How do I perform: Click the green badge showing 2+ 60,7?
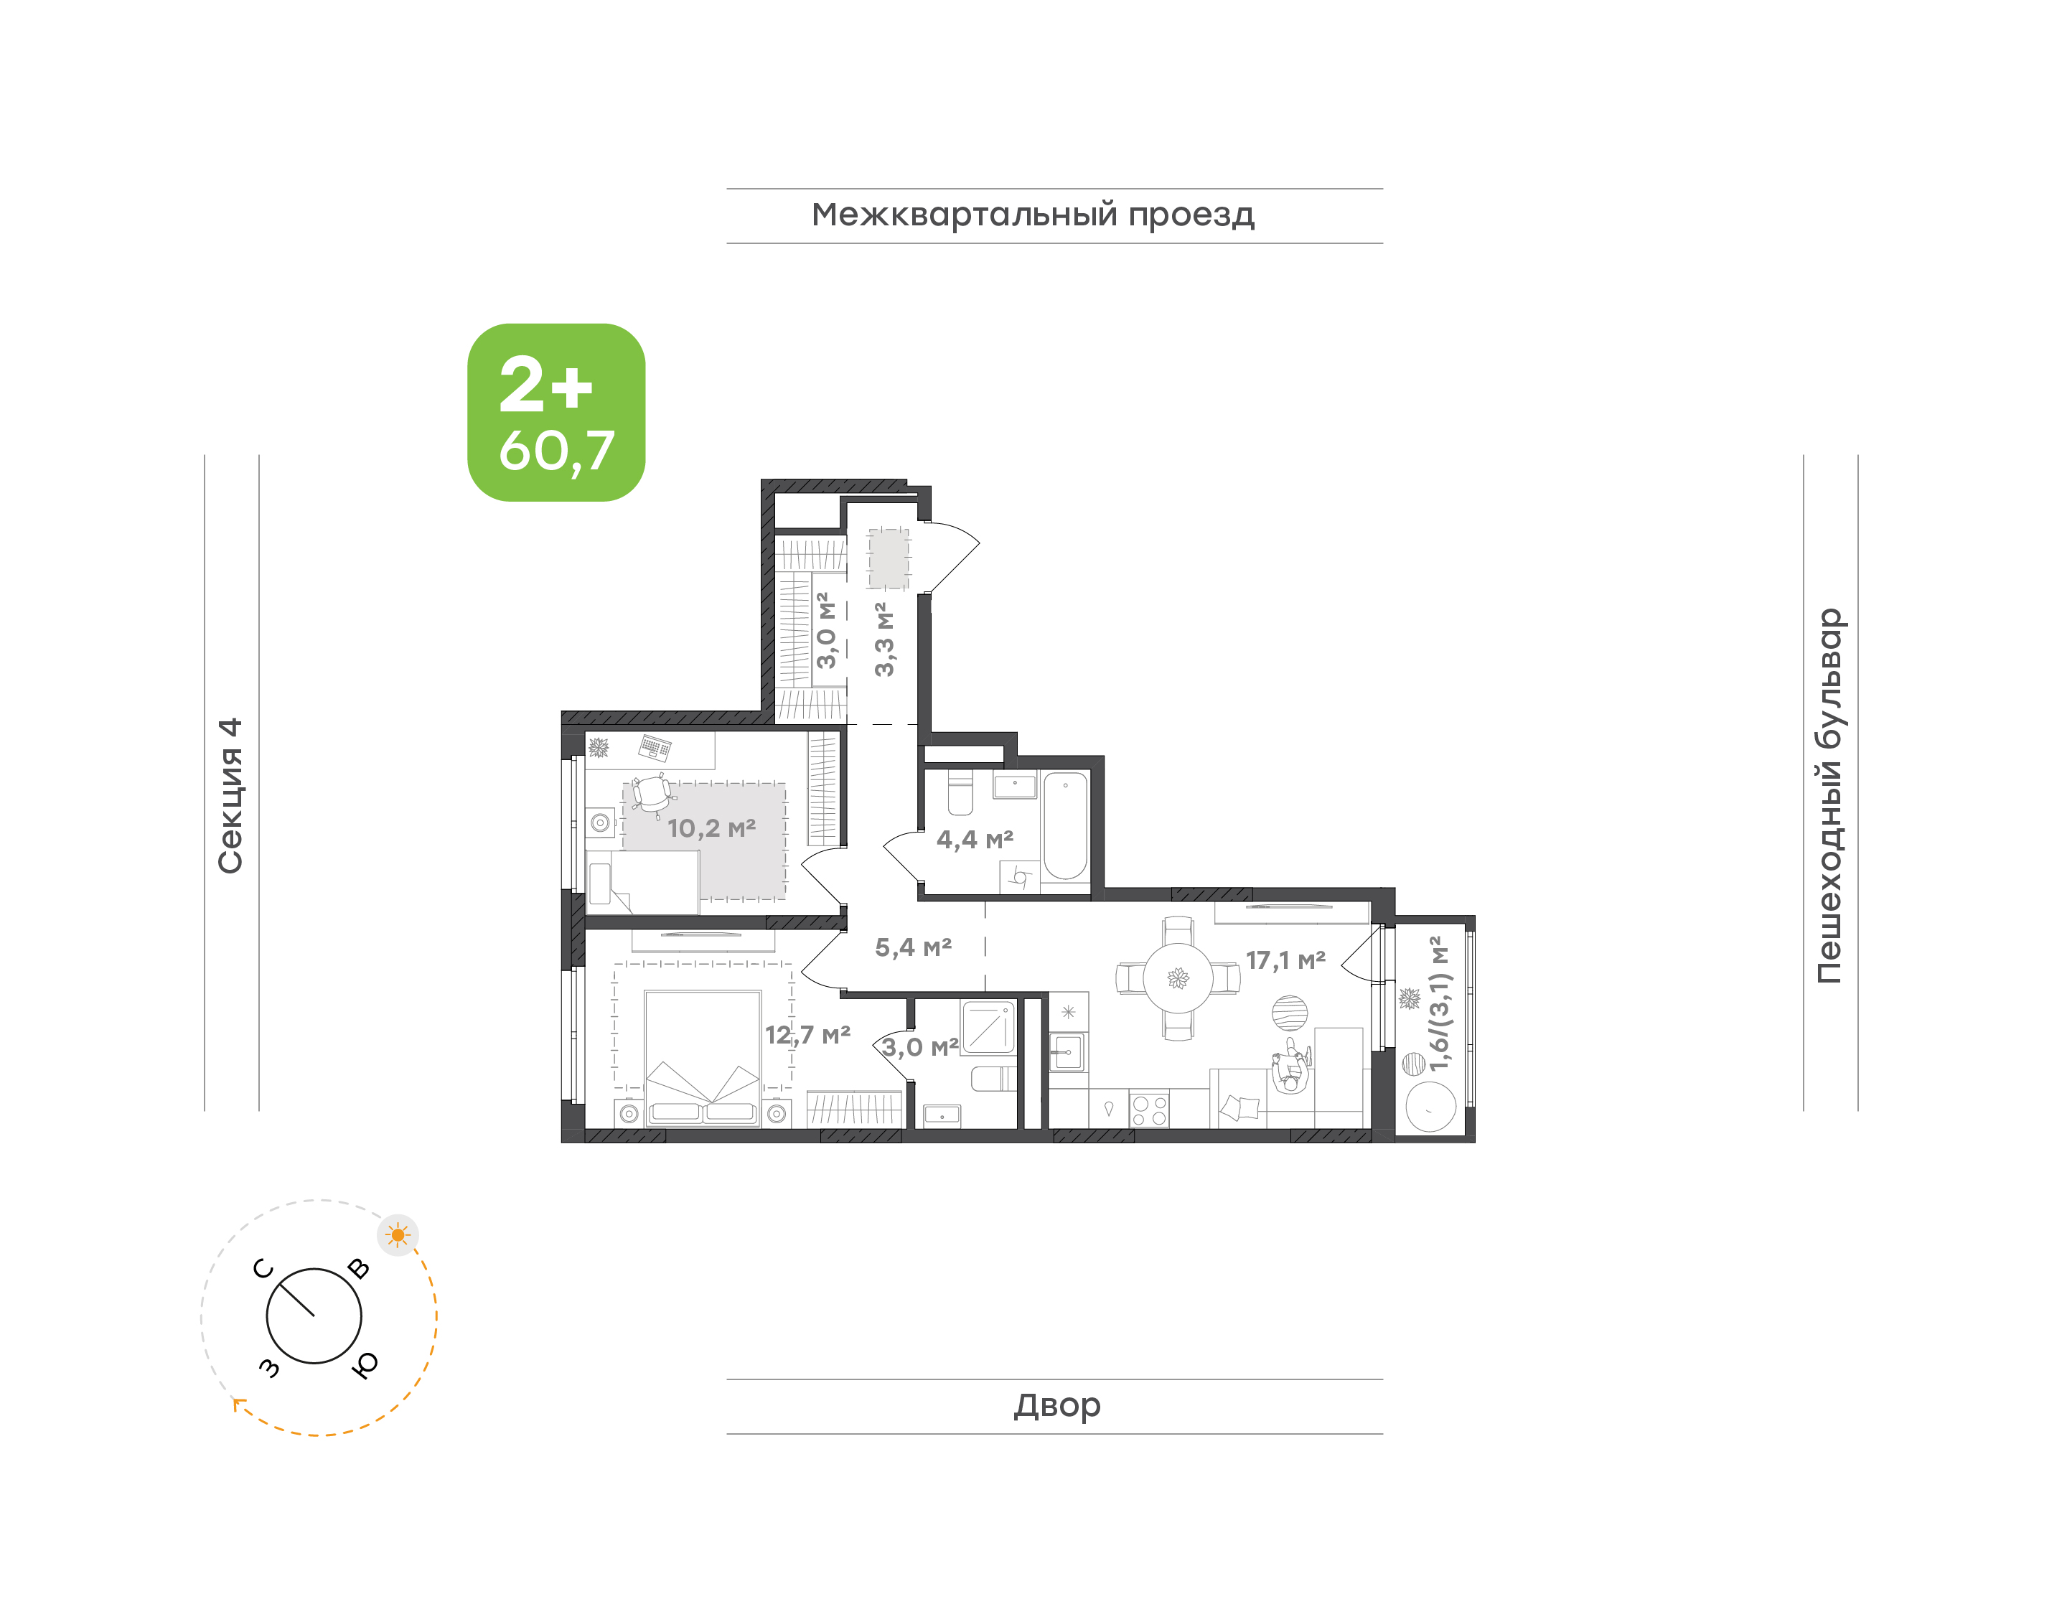tap(556, 412)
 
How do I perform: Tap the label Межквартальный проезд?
tap(1032, 215)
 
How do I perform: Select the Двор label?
tap(1056, 1405)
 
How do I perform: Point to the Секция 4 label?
tap(230, 795)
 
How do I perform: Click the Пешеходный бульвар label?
tap(1829, 796)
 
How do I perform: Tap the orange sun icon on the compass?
tap(398, 1235)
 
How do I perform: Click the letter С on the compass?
tap(263, 1269)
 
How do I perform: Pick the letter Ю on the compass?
tap(365, 1364)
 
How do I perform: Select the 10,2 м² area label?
tap(711, 828)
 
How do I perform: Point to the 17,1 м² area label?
tap(1285, 960)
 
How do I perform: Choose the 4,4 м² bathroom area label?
tap(975, 840)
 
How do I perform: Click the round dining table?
tap(1177, 978)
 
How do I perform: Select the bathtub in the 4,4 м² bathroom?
tap(1065, 826)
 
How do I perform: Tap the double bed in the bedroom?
tap(703, 1058)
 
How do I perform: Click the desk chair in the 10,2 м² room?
tap(652, 795)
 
